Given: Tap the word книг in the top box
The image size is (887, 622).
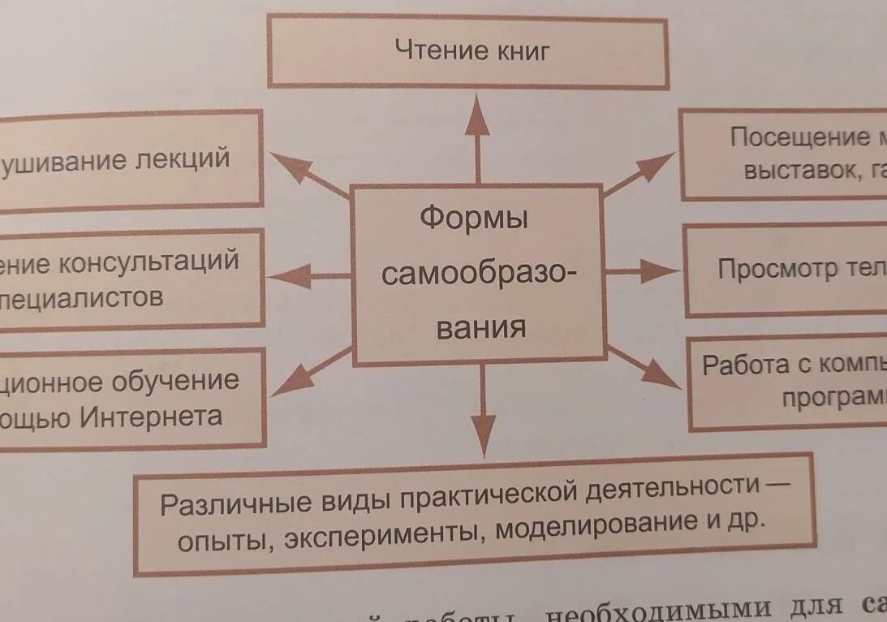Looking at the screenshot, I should [x=521, y=52].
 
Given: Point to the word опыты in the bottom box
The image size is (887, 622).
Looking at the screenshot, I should [x=224, y=538].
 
